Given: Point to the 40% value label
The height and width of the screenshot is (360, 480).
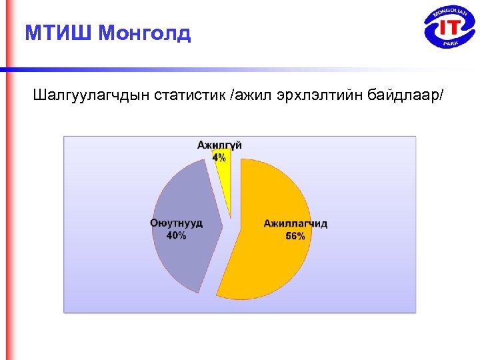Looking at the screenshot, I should point(176,236).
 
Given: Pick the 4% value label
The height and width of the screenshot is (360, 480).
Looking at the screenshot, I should point(219,157).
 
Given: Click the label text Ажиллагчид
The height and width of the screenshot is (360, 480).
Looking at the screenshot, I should point(295,224).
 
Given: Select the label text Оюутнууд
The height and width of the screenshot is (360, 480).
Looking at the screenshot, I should point(176,224).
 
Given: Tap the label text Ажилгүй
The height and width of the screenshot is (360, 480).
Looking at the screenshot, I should point(219,145).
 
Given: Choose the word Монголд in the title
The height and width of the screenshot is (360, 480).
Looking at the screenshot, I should point(144,33).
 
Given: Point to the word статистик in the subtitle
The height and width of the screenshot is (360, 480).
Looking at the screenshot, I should point(191,97).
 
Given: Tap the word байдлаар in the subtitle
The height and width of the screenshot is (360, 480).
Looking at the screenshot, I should point(403,97).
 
